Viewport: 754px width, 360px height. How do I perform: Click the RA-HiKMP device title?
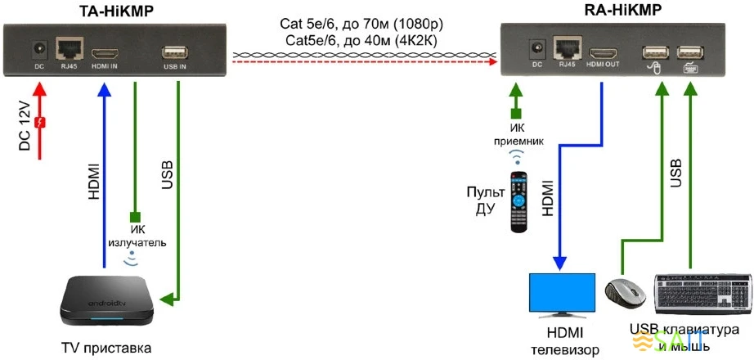(624, 10)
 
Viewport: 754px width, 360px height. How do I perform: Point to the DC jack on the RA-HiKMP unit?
(537, 48)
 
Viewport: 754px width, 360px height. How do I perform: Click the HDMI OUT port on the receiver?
(601, 48)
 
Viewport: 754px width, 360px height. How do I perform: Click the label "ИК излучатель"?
(137, 236)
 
